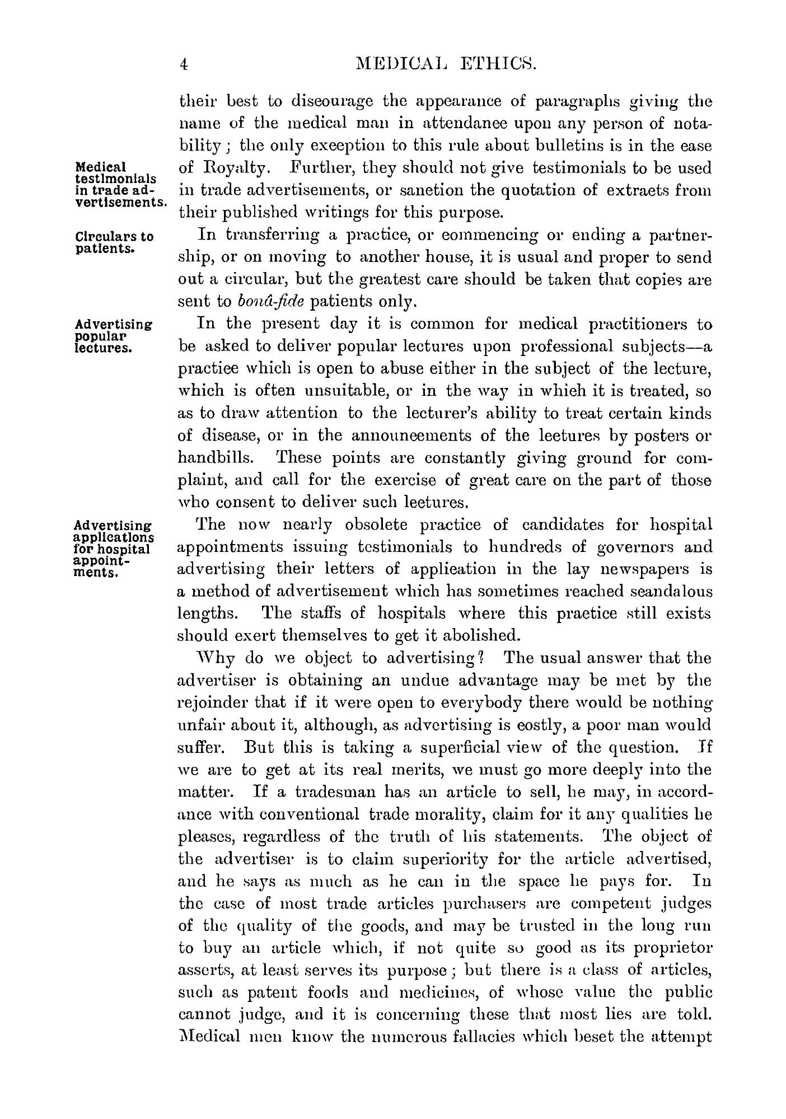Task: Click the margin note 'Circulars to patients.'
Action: click(x=114, y=242)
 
